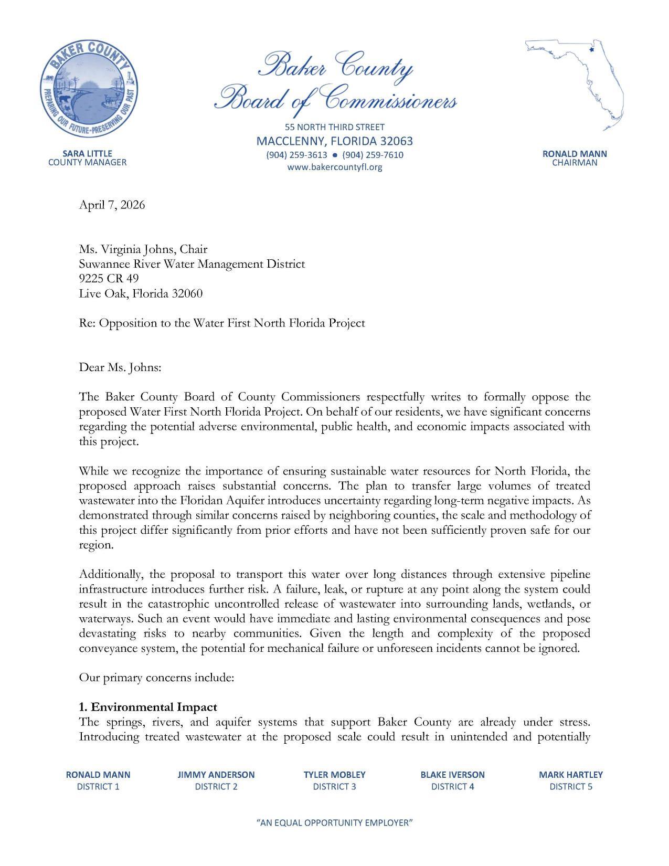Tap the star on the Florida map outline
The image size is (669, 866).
tap(591, 50)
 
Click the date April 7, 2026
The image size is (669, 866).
tap(112, 205)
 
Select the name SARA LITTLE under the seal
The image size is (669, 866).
tap(87, 153)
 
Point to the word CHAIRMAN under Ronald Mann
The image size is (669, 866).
tap(575, 163)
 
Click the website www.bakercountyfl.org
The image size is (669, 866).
tap(334, 167)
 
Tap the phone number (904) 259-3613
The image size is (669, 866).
tap(296, 155)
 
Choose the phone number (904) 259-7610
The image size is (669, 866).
tap(373, 155)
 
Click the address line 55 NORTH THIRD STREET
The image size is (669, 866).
tap(334, 127)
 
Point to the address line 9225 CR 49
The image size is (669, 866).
tap(109, 278)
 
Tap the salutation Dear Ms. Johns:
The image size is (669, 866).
tap(120, 367)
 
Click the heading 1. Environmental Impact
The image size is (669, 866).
tap(148, 706)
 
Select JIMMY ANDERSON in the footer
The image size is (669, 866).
tap(216, 774)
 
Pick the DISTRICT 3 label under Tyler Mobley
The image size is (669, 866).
tap(334, 786)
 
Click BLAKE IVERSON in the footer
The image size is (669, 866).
tap(452, 774)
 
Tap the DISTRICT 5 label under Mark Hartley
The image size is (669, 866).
tap(570, 786)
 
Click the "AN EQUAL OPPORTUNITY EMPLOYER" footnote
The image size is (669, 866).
tap(334, 822)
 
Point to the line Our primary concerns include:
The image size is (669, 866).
tap(156, 677)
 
